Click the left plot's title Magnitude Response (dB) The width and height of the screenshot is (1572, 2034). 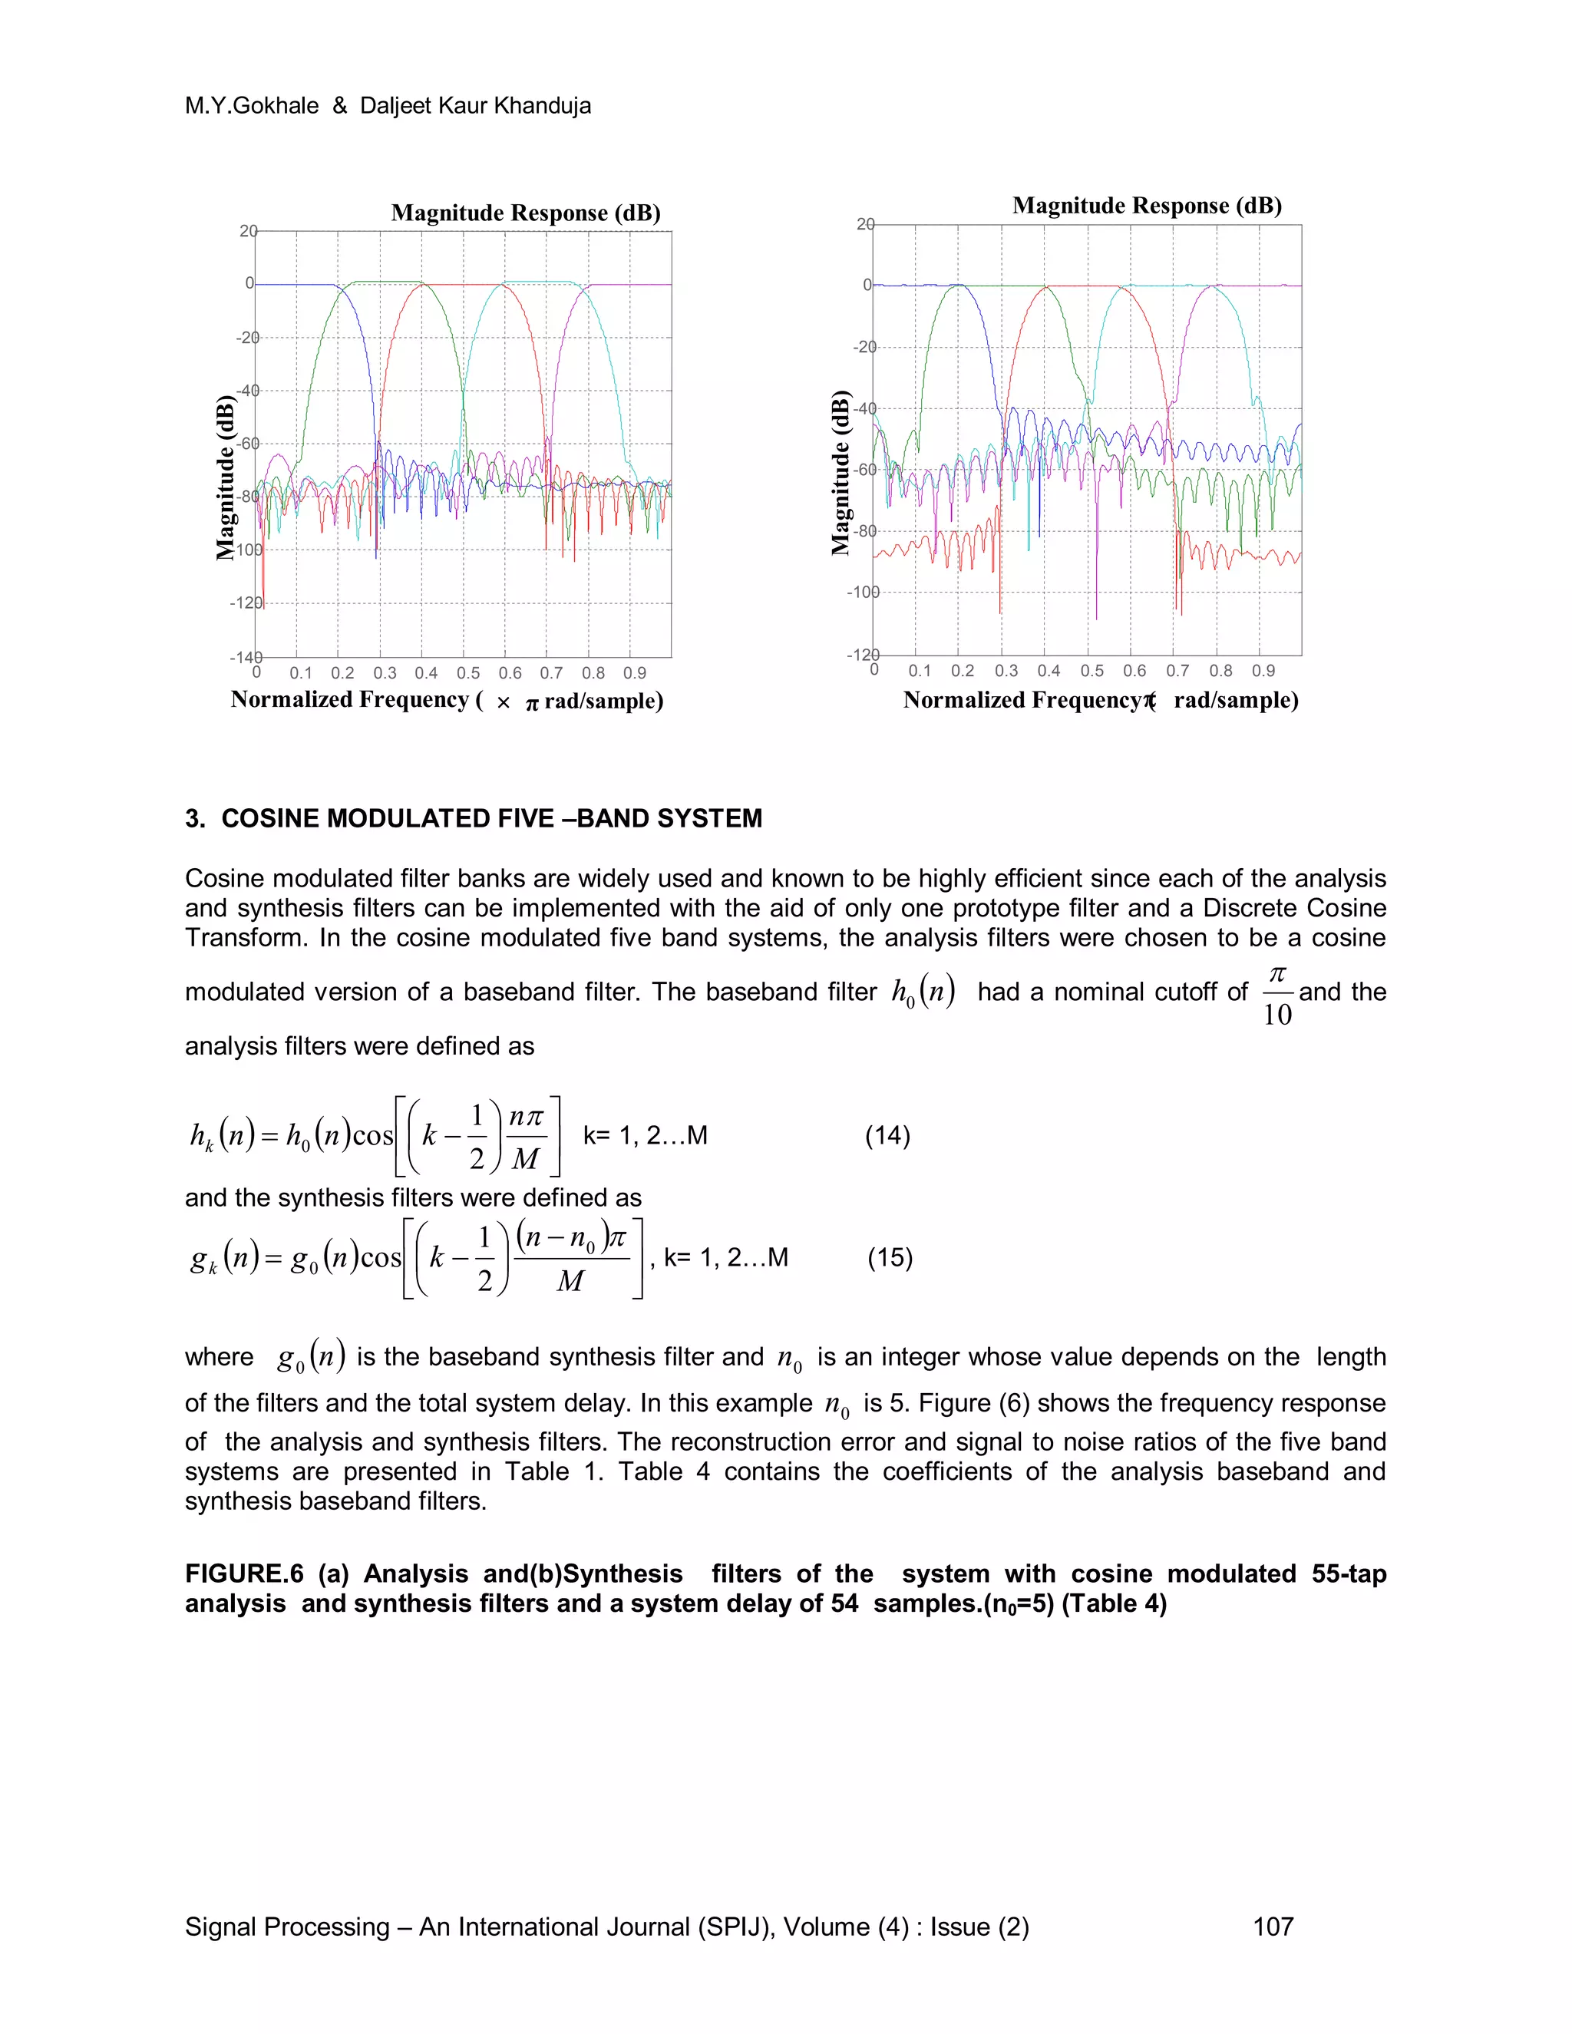[x=525, y=213]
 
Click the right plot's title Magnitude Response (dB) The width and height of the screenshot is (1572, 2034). [x=1147, y=206]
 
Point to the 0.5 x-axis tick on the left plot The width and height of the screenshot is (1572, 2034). [x=467, y=673]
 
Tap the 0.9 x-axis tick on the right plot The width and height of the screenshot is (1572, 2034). [x=1263, y=672]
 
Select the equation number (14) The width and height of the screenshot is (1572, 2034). [x=887, y=1135]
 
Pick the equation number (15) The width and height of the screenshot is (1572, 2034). [x=890, y=1258]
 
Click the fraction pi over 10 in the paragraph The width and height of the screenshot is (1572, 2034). [x=1276, y=996]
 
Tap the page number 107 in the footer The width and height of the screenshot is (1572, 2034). [x=1273, y=1927]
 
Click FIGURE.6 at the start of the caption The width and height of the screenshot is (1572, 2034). [x=244, y=1574]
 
